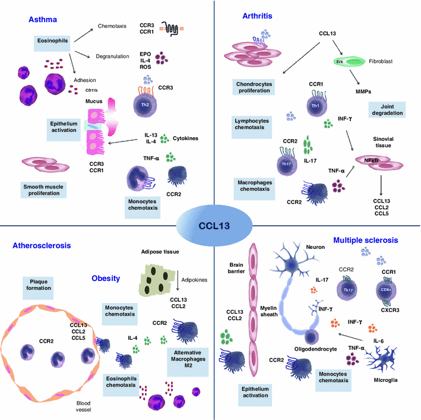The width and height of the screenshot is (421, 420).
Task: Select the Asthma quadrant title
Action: (x=42, y=20)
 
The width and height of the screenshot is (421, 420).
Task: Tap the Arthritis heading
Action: (x=258, y=16)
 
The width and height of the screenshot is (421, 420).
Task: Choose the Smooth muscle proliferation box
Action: (x=40, y=190)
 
